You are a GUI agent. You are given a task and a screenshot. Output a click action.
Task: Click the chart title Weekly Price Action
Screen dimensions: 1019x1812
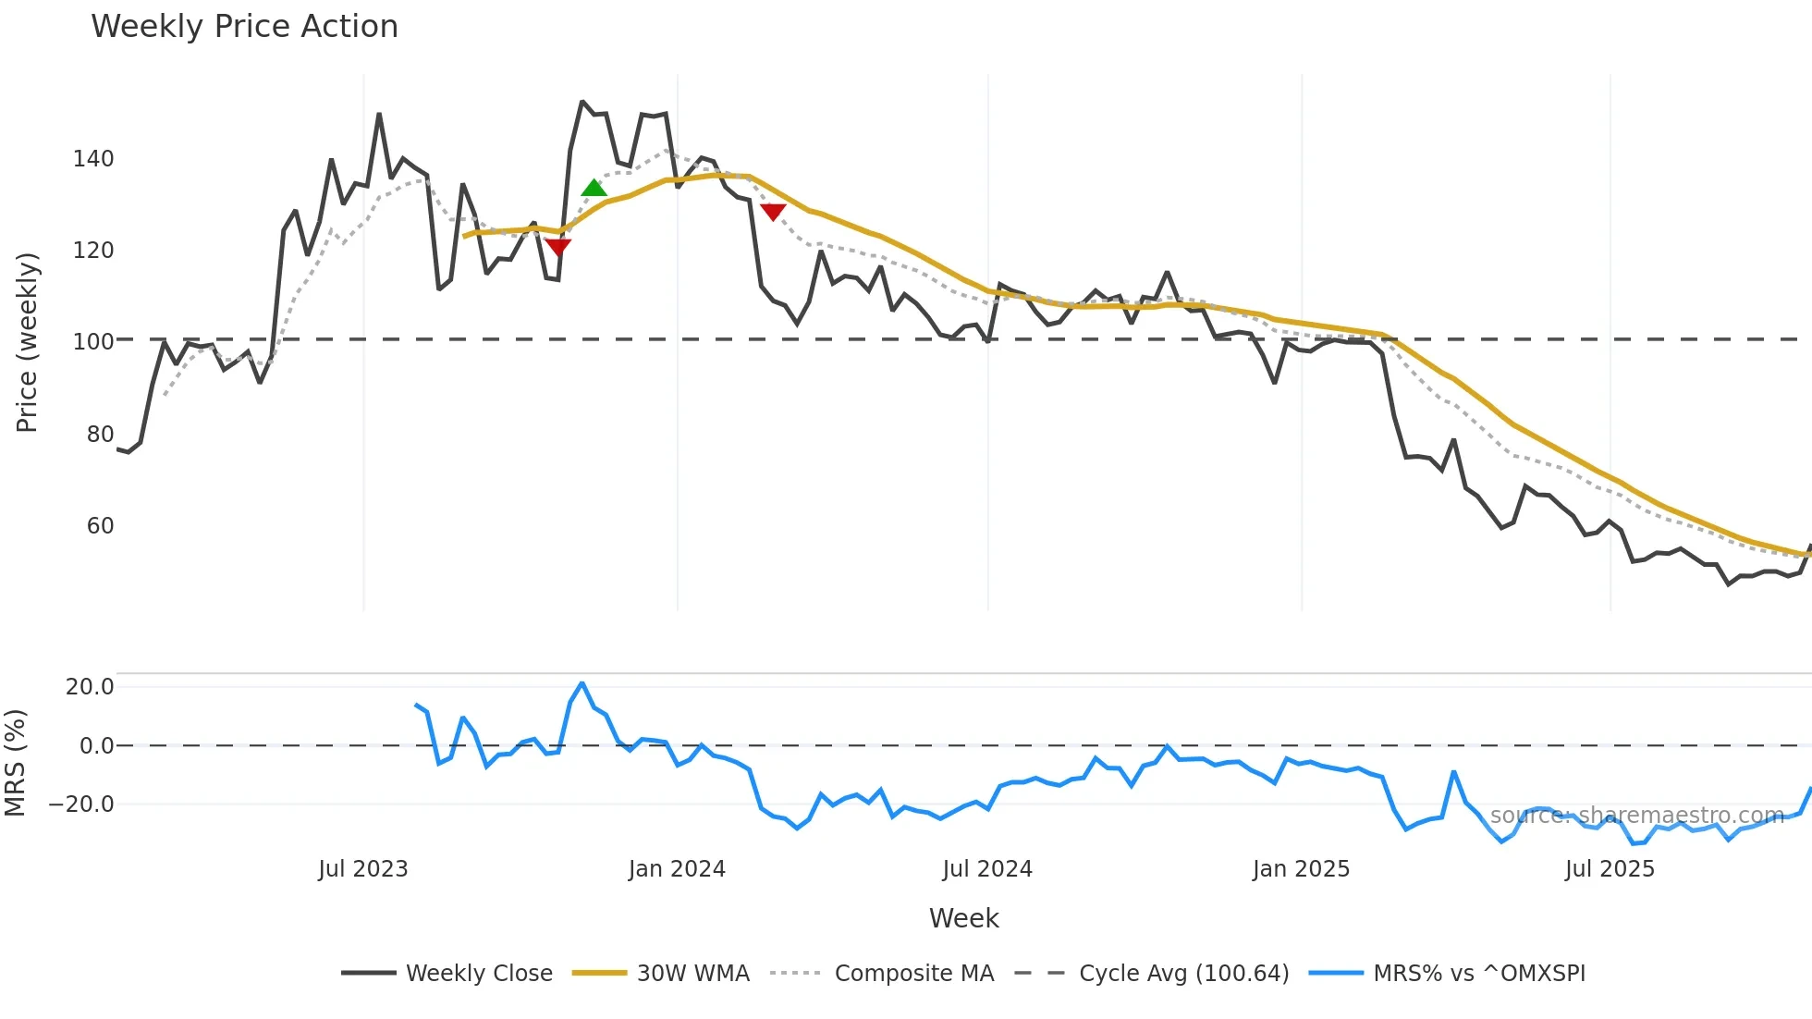pos(244,27)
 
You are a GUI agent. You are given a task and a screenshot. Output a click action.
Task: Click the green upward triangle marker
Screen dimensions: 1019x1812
pos(594,188)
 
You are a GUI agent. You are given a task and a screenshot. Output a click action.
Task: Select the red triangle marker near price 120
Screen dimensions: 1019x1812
pos(558,246)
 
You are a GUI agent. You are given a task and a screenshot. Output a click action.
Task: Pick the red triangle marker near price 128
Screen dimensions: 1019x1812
pos(773,212)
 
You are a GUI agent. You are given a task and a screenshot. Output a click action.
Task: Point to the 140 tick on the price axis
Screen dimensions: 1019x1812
pos(93,159)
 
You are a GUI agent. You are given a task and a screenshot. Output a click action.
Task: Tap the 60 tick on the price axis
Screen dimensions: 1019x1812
pos(100,526)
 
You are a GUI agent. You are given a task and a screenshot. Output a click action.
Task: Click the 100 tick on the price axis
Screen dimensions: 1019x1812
pos(93,341)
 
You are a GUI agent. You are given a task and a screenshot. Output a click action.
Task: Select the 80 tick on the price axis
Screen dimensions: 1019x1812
pos(100,434)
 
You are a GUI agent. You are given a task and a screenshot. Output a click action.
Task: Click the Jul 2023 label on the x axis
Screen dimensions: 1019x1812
pos(363,869)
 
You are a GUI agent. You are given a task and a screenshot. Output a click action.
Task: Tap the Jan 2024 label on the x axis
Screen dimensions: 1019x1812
pos(677,869)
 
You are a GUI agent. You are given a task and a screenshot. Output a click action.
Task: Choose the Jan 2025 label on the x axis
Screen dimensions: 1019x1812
pos(1301,869)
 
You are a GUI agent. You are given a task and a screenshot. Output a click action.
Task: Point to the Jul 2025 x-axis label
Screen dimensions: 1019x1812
pos(1610,869)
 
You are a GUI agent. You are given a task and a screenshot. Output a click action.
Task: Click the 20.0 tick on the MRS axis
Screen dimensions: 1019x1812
pos(90,686)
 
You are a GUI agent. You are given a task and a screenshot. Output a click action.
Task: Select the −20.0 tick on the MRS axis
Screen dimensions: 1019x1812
pos(81,804)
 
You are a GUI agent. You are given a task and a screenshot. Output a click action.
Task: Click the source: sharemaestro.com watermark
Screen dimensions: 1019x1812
pos(1636,816)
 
